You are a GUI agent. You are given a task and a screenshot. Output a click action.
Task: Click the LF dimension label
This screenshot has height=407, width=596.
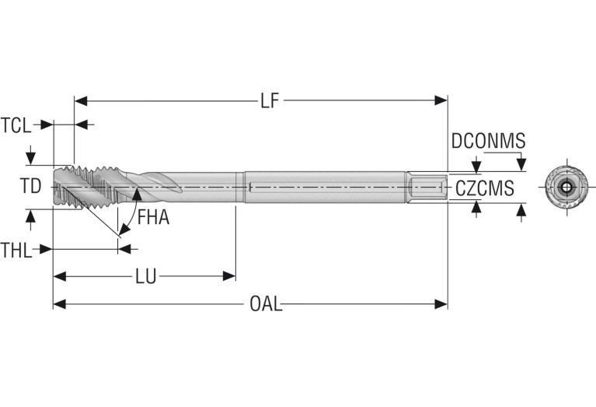[269, 101]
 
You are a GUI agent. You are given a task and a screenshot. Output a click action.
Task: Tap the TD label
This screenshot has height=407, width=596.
[30, 186]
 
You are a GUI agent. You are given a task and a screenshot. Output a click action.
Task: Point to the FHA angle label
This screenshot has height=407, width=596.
[153, 218]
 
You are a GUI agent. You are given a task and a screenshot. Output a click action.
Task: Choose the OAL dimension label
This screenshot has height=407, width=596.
[266, 304]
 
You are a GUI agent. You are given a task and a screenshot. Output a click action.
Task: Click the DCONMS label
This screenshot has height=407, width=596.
[488, 142]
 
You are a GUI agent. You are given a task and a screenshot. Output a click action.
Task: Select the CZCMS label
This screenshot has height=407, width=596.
[483, 188]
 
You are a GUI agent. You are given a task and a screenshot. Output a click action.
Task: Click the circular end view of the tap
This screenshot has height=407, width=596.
[565, 187]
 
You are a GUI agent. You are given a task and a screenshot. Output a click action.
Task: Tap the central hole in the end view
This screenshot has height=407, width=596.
[565, 187]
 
